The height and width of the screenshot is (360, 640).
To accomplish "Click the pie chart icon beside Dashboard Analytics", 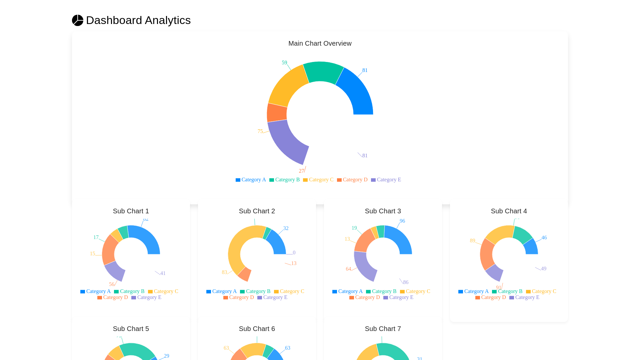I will [78, 20].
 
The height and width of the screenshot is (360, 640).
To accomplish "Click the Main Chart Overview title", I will [320, 43].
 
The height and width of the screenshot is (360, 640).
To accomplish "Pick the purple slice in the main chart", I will [287, 142].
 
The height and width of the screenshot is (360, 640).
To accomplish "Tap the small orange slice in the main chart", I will [277, 113].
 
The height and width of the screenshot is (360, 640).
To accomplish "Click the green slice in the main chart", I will [323, 72].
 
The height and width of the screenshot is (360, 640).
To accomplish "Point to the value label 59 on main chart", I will [284, 63].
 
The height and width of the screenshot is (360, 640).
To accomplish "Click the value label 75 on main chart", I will [260, 131].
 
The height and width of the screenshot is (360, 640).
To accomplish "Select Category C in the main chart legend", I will [318, 180].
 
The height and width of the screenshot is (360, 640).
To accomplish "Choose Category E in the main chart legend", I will [386, 180].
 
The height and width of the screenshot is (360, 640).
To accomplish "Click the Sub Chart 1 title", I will [131, 211].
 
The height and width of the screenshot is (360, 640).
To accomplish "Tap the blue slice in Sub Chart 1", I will [147, 238].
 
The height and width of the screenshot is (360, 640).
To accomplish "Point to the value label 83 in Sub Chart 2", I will [224, 272].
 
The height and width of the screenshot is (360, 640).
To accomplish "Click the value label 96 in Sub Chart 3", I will [402, 221].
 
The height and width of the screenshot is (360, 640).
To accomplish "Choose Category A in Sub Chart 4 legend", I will [473, 291].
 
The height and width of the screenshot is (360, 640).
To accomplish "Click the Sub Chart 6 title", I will [257, 329].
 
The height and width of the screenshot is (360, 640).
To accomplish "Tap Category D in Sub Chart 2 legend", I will [239, 297].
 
